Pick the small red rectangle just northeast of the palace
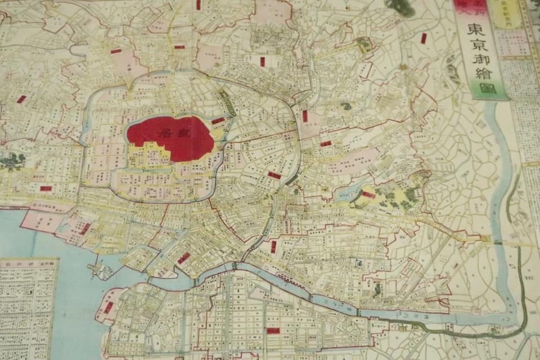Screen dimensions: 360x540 click(218, 120)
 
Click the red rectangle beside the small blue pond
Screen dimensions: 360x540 click(368, 195)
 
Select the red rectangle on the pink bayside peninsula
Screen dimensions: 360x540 click(85, 228)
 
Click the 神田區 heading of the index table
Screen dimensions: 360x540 click(29, 263)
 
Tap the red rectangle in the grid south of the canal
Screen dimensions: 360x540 click(273, 331)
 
